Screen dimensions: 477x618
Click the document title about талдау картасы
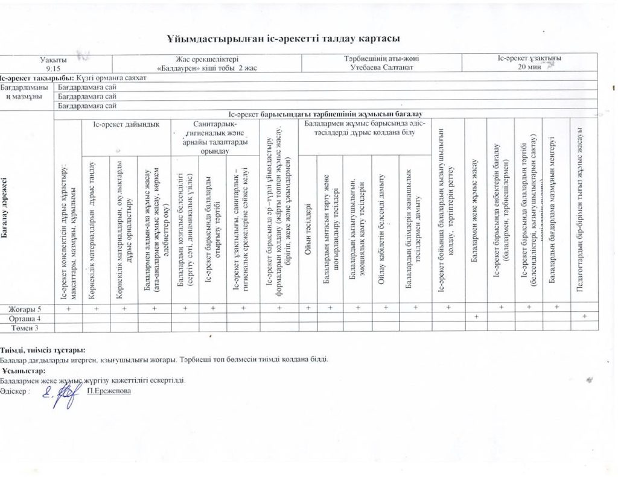pos(284,38)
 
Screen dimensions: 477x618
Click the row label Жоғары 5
pos(27,308)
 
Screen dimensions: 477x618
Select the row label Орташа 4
pos(27,317)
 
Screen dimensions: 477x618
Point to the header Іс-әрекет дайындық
pos(126,124)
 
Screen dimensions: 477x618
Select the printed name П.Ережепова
pos(109,390)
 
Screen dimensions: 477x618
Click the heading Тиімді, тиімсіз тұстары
pos(42,350)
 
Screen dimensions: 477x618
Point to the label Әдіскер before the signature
pos(14,391)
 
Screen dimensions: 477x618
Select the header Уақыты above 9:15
pos(54,59)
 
